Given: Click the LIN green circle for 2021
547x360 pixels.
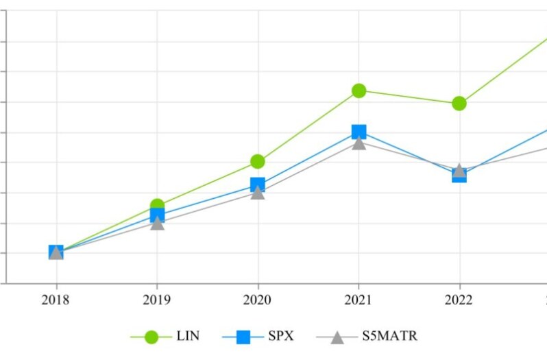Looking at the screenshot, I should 358,91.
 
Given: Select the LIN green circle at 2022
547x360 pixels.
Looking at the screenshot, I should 459,104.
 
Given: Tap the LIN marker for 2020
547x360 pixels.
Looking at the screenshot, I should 258,161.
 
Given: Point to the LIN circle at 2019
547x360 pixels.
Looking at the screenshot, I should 157,205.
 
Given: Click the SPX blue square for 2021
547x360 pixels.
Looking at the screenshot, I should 358,132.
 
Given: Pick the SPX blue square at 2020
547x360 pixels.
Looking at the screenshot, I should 258,184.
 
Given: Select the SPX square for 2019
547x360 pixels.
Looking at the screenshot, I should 157,215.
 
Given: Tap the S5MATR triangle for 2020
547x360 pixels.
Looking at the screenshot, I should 258,193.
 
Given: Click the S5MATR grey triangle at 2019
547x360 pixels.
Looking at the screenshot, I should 157,224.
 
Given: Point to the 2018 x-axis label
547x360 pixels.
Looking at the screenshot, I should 56,300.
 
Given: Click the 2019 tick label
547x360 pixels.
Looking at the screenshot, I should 157,300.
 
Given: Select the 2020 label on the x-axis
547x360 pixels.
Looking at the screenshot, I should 258,300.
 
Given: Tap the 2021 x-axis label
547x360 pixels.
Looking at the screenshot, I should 358,300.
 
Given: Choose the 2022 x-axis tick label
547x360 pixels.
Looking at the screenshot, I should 459,300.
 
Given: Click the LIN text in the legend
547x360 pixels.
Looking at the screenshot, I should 187,336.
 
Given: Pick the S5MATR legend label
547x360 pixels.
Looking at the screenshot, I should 389,336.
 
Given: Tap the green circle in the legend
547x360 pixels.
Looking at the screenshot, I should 151,337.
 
